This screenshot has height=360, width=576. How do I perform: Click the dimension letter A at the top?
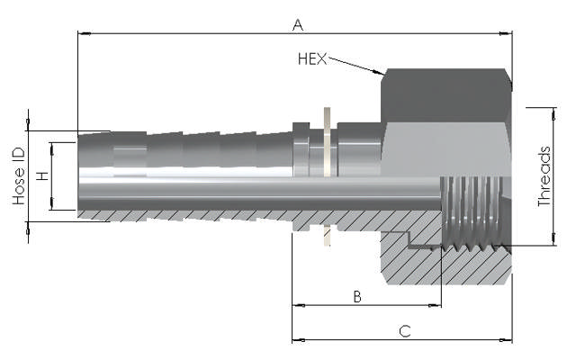tap(297, 24)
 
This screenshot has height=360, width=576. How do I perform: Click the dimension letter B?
tap(356, 296)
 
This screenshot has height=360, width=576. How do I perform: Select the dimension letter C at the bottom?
tap(404, 330)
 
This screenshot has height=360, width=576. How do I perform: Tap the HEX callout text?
tap(313, 59)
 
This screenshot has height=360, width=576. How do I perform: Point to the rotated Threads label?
tap(545, 176)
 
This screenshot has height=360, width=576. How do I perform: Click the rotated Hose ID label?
tap(19, 175)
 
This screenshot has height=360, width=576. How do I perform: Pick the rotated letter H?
tap(41, 176)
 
